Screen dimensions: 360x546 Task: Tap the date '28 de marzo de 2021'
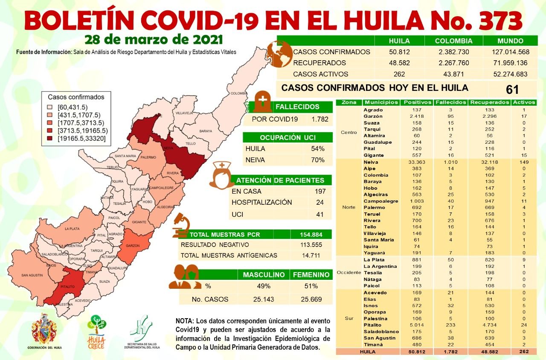(154, 40)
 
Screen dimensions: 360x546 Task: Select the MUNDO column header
(510, 41)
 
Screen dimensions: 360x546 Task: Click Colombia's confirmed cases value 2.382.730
(453, 52)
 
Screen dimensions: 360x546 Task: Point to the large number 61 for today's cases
(512, 90)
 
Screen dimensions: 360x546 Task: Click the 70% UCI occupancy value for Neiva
(318, 160)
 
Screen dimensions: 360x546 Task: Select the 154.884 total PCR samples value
(311, 235)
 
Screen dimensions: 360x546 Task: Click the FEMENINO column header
(311, 275)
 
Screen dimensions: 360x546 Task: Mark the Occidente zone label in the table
(349, 273)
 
